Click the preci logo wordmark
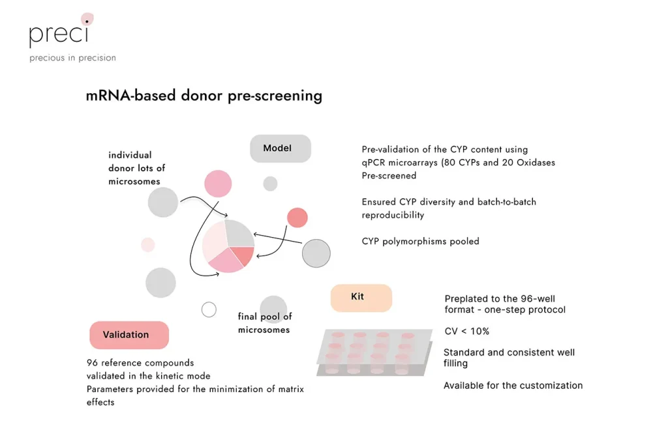click(59, 32)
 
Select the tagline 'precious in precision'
click(72, 58)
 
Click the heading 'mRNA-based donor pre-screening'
click(204, 96)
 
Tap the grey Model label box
click(280, 149)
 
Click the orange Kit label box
click(361, 297)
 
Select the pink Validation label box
click(129, 335)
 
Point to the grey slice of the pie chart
click(237, 234)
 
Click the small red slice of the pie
click(243, 256)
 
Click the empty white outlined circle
click(209, 309)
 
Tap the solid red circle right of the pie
click(297, 218)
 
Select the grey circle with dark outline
click(316, 253)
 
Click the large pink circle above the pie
click(218, 184)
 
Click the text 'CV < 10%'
click(466, 331)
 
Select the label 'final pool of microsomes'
click(264, 323)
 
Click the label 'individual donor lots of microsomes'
click(136, 168)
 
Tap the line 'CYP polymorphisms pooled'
click(420, 241)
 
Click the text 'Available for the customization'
click(513, 386)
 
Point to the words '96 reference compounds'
click(140, 363)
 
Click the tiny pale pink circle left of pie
click(148, 244)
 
